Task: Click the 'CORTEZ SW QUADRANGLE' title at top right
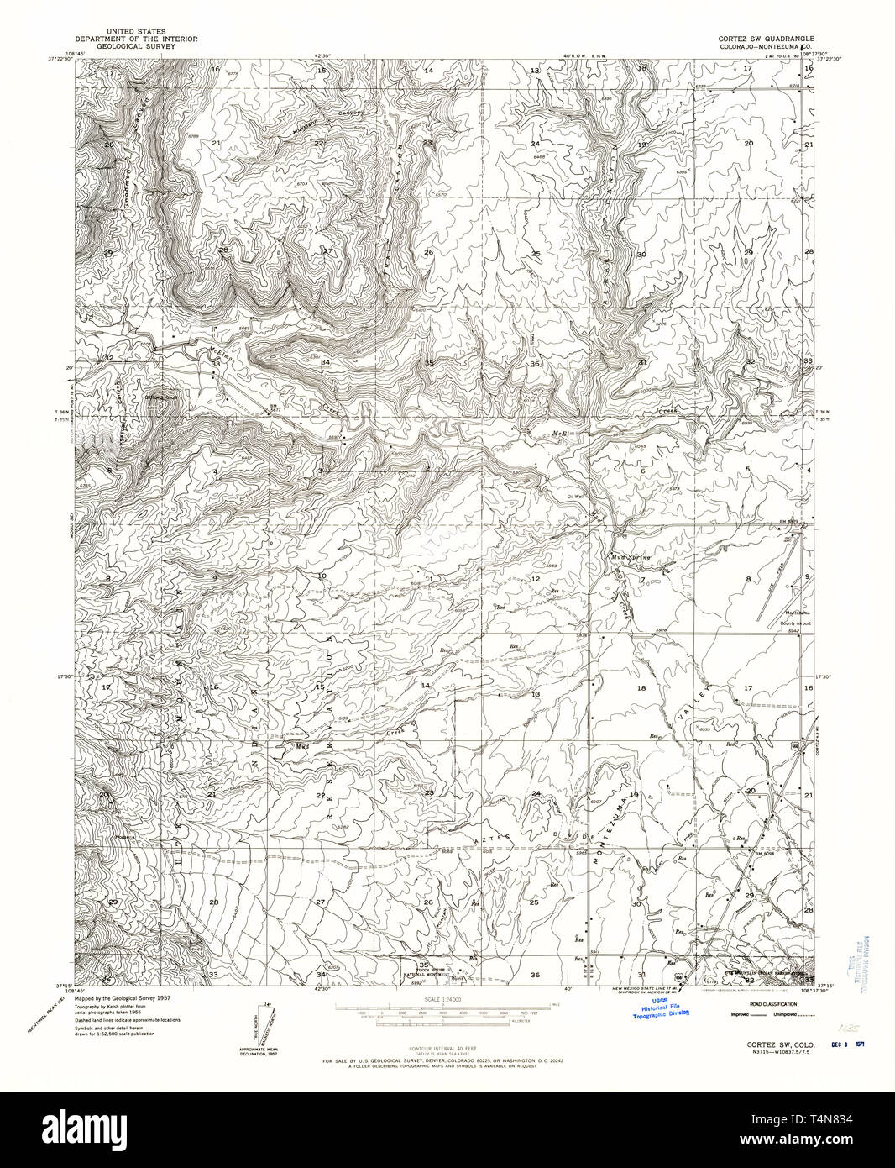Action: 762,39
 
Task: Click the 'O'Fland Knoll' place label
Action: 162,396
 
